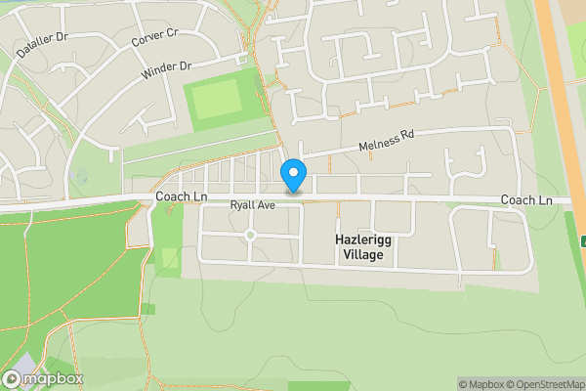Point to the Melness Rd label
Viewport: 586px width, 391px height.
pos(387,142)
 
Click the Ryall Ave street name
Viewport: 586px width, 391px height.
pos(253,206)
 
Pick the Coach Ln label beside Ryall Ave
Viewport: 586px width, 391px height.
pos(182,197)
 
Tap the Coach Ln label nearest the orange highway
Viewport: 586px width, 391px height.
pos(526,200)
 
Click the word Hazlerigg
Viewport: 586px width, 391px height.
pos(363,239)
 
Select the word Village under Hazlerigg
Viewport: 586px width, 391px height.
pos(363,255)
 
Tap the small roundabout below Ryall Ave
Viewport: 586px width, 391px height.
pos(250,235)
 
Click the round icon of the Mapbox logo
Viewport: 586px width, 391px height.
pos(13,378)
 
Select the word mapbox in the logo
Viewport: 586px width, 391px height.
pos(53,378)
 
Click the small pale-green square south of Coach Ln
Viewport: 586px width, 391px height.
pos(170,259)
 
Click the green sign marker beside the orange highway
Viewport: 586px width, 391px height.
pos(582,240)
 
